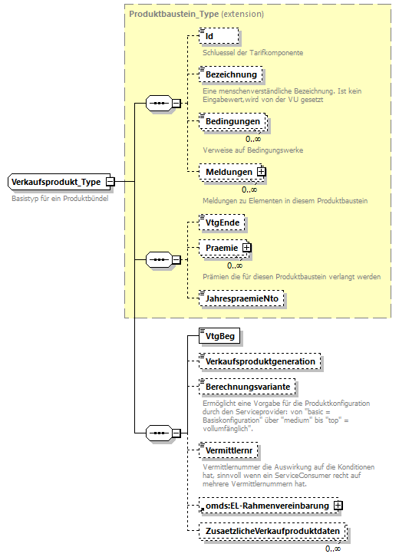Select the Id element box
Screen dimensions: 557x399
[x=219, y=36]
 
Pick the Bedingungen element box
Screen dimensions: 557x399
[x=232, y=122]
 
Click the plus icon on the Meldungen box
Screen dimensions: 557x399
[x=261, y=172]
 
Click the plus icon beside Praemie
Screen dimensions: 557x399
[x=247, y=248]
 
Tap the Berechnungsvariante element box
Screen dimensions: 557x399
[x=247, y=387]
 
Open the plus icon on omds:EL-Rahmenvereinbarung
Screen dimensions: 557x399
[x=338, y=506]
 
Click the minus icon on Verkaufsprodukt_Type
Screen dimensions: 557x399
[x=110, y=182]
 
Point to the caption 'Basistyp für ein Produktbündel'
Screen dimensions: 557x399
[x=60, y=198]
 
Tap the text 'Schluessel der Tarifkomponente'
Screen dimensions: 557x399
[x=252, y=53]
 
